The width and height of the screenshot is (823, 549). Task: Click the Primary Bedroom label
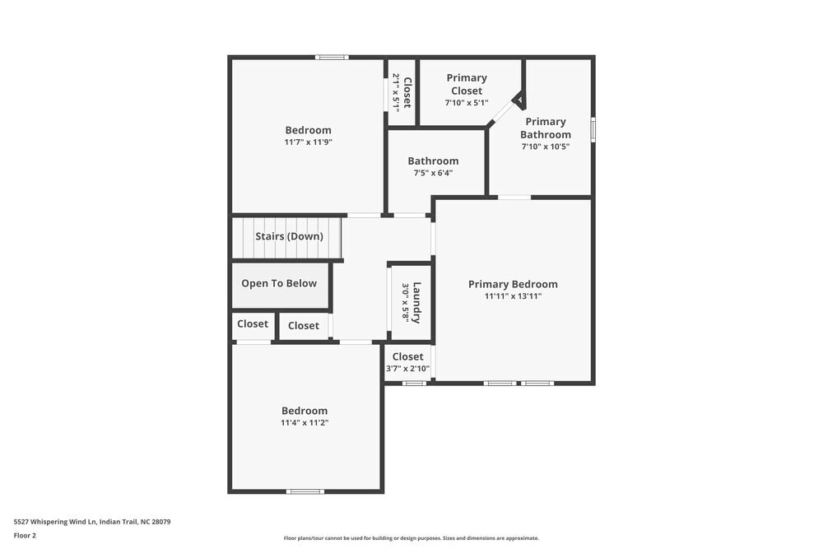513,284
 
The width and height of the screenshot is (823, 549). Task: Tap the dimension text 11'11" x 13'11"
513,296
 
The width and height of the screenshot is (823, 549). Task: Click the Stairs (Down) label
288,236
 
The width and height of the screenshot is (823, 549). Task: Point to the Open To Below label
279,283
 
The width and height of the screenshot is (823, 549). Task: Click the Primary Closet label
467,84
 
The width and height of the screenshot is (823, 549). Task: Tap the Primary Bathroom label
545,128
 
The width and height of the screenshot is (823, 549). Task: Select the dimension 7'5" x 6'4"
433,173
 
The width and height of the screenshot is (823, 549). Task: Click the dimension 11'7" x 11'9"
308,142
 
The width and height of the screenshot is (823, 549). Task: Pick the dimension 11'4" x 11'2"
305,422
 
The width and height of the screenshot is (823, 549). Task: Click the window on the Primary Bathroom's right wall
593,130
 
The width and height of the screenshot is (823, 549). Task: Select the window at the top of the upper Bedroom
332,58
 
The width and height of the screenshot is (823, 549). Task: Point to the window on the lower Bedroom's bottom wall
305,491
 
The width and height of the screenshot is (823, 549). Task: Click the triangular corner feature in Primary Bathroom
518,100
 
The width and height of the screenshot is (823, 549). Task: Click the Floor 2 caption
25,535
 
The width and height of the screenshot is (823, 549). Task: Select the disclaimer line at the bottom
411,538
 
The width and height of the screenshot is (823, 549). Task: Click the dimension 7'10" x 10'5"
545,147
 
